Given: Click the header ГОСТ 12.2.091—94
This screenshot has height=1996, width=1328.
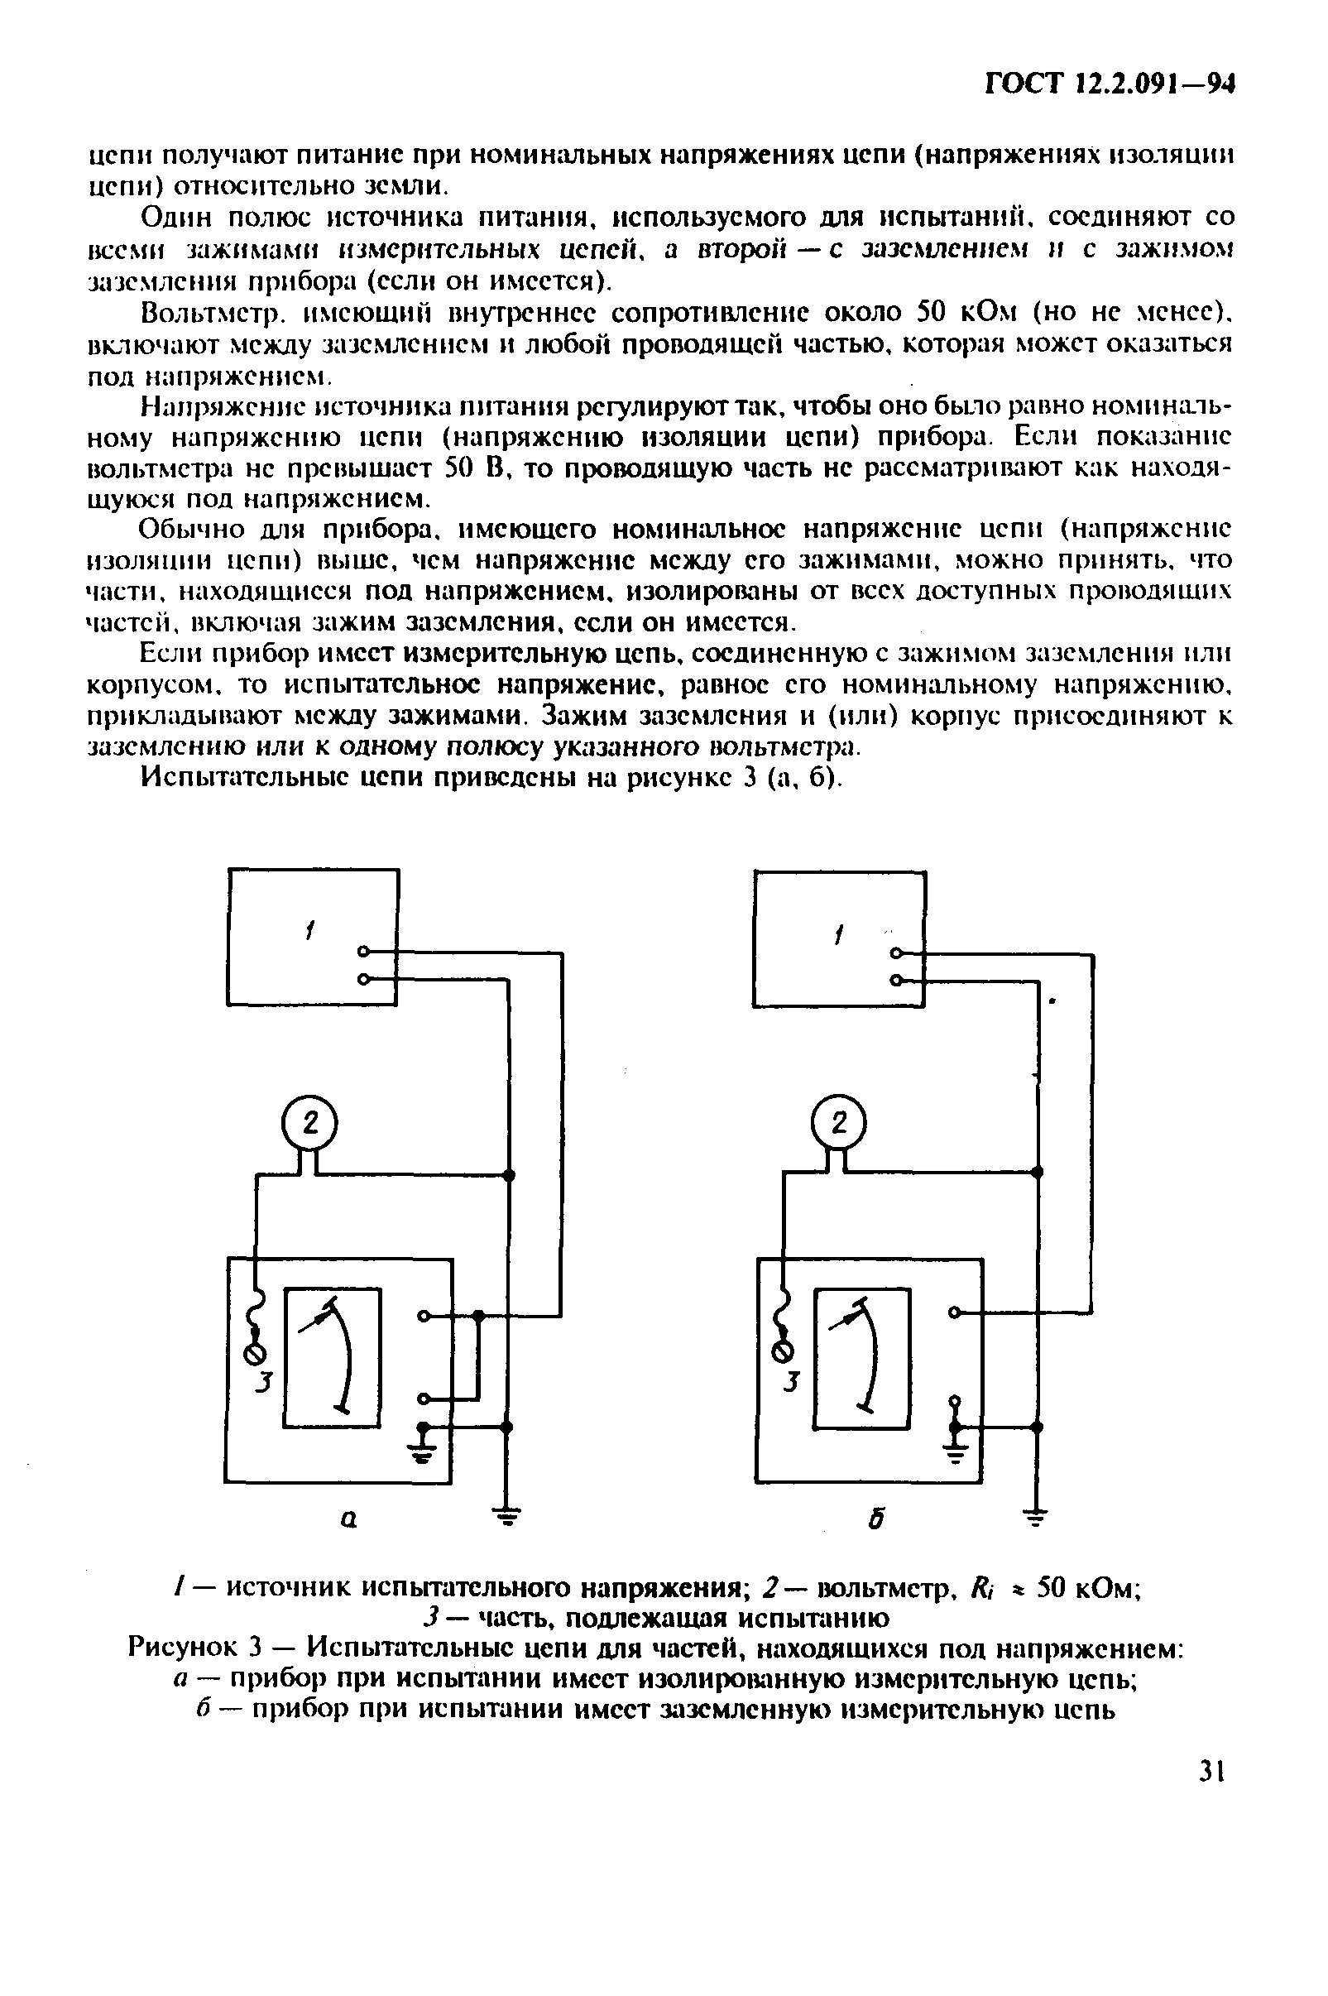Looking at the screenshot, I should coord(1110,84).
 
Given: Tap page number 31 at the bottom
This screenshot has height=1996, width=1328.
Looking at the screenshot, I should coord(1212,1772).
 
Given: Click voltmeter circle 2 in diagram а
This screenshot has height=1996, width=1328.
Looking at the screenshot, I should coord(309,1124).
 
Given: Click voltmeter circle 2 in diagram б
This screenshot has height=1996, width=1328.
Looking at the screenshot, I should coord(838,1123).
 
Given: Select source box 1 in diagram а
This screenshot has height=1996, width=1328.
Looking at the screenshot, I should coord(313,937).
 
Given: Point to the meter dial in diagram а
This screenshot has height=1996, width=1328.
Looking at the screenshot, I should coord(332,1356).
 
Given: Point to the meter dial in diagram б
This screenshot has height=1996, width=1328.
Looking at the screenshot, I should coord(862,1357).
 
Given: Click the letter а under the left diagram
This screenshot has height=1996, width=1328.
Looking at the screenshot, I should coord(348,1520).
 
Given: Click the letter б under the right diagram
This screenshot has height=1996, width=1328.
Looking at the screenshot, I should coord(876,1521).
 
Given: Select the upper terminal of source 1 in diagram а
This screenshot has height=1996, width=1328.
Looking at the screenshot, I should coord(363,951).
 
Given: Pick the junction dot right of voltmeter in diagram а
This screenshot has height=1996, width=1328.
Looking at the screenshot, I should coord(508,1175).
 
